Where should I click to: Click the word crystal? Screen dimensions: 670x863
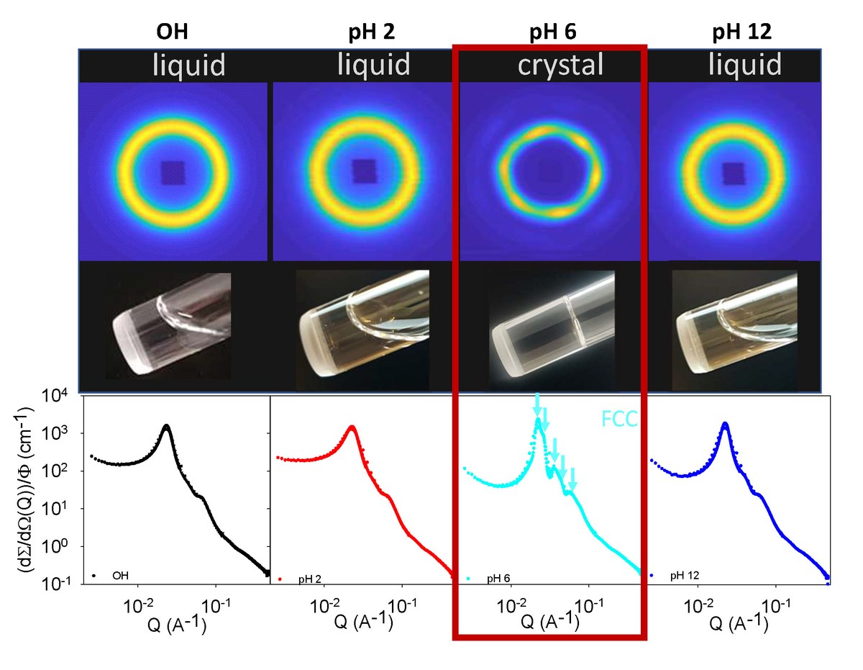click(560, 66)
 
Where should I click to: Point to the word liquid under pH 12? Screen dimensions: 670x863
click(745, 66)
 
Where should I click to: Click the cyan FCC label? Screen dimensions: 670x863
click(619, 420)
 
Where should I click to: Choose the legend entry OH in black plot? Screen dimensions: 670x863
click(121, 576)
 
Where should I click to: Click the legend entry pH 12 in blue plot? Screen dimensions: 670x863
click(683, 576)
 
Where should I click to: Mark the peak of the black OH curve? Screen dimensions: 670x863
click(167, 426)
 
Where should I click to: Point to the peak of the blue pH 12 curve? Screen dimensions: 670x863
click(725, 424)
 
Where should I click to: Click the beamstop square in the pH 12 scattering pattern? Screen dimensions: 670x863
click(734, 173)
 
